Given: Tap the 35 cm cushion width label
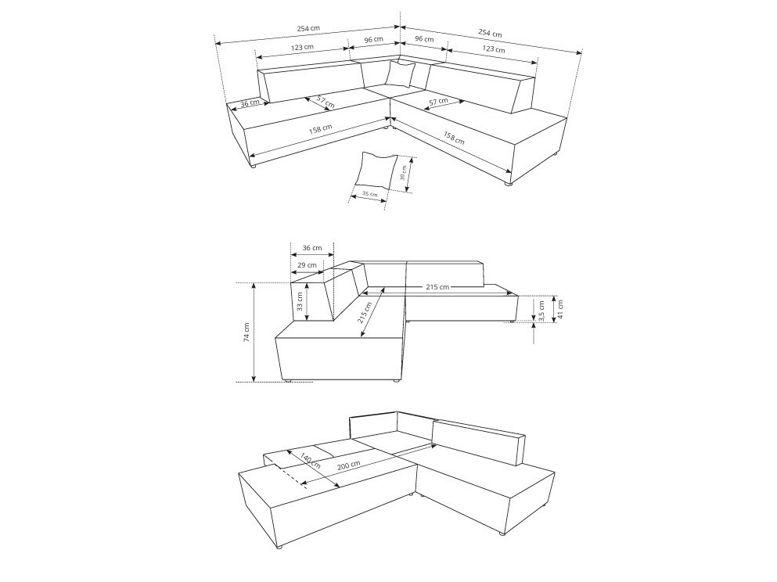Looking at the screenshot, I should point(369,194).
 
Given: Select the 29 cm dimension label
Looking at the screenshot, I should point(307,265).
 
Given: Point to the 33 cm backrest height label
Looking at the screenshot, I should point(300,303).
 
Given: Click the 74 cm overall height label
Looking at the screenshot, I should point(246,332).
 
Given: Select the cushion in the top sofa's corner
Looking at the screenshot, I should point(400,74).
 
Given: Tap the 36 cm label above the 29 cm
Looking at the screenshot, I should point(311,248).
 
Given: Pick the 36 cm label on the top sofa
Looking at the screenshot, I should point(250,103).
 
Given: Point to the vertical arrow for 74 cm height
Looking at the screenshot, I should point(255,332).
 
